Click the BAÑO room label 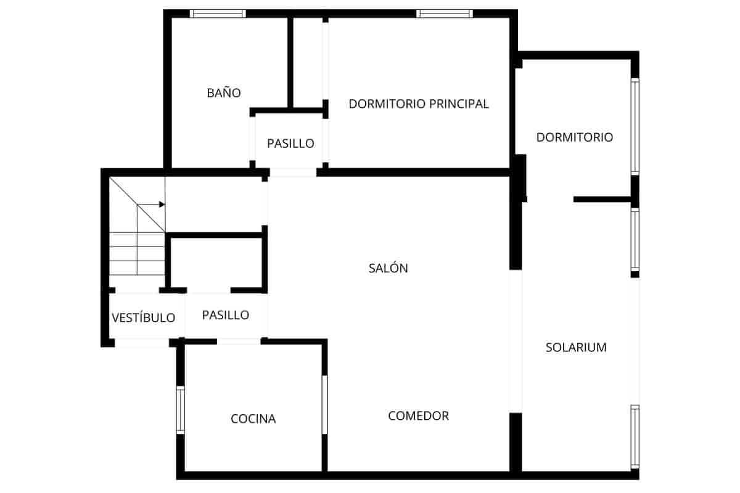(223, 93)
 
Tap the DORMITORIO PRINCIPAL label (419, 104)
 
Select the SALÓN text (388, 268)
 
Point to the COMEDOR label (418, 416)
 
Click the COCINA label (253, 419)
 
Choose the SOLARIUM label (576, 348)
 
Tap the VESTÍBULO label (144, 318)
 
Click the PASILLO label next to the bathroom (290, 144)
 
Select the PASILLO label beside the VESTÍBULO (226, 315)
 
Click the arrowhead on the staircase (162, 205)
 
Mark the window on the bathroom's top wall (218, 14)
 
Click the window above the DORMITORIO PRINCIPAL (444, 14)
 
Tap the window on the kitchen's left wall (181, 410)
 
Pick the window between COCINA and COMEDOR (324, 404)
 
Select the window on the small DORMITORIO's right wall (635, 126)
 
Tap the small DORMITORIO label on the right (574, 137)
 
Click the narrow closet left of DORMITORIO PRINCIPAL (307, 62)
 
